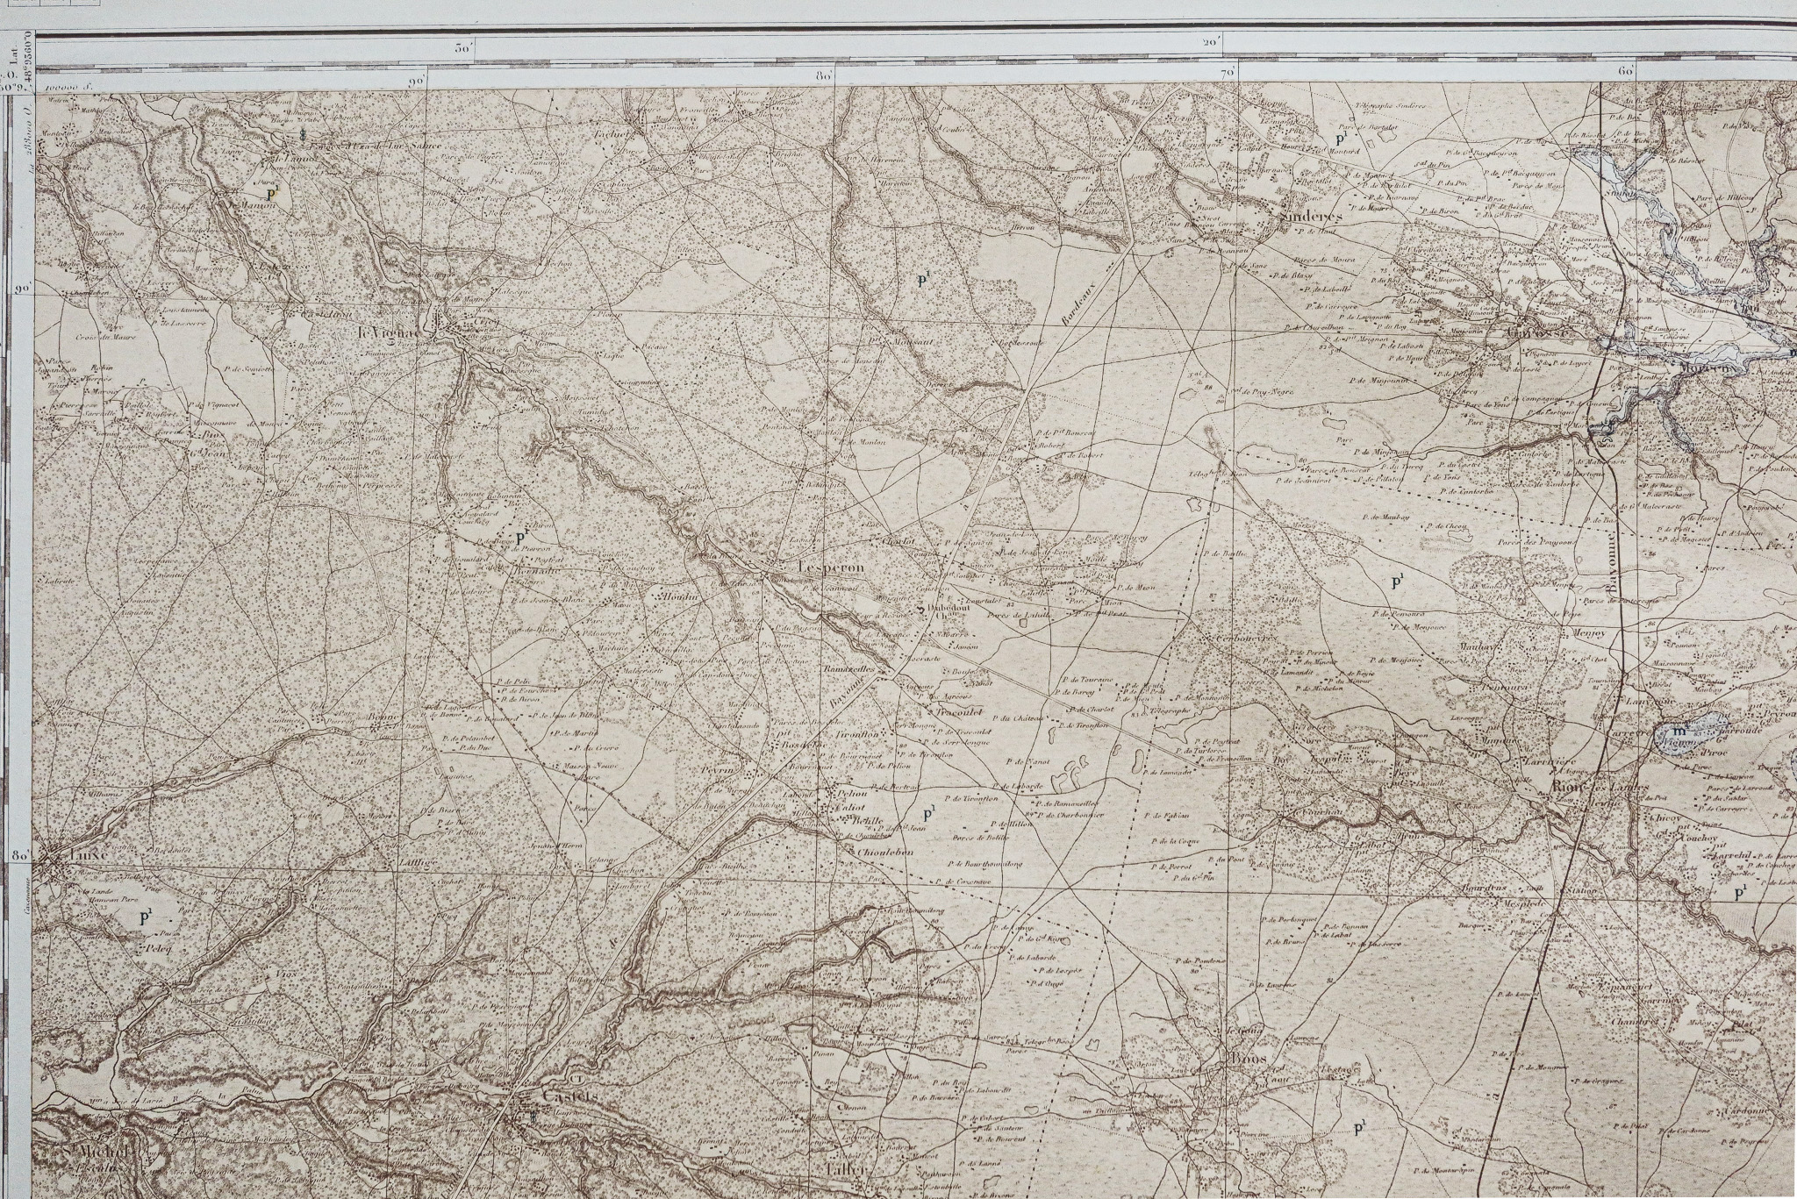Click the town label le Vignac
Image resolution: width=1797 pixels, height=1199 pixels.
pyautogui.click(x=391, y=332)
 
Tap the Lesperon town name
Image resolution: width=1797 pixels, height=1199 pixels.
pyautogui.click(x=831, y=567)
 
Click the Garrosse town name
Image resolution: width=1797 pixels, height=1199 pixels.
pyautogui.click(x=1553, y=332)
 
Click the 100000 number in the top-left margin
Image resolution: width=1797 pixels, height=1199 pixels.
pyautogui.click(x=71, y=87)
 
